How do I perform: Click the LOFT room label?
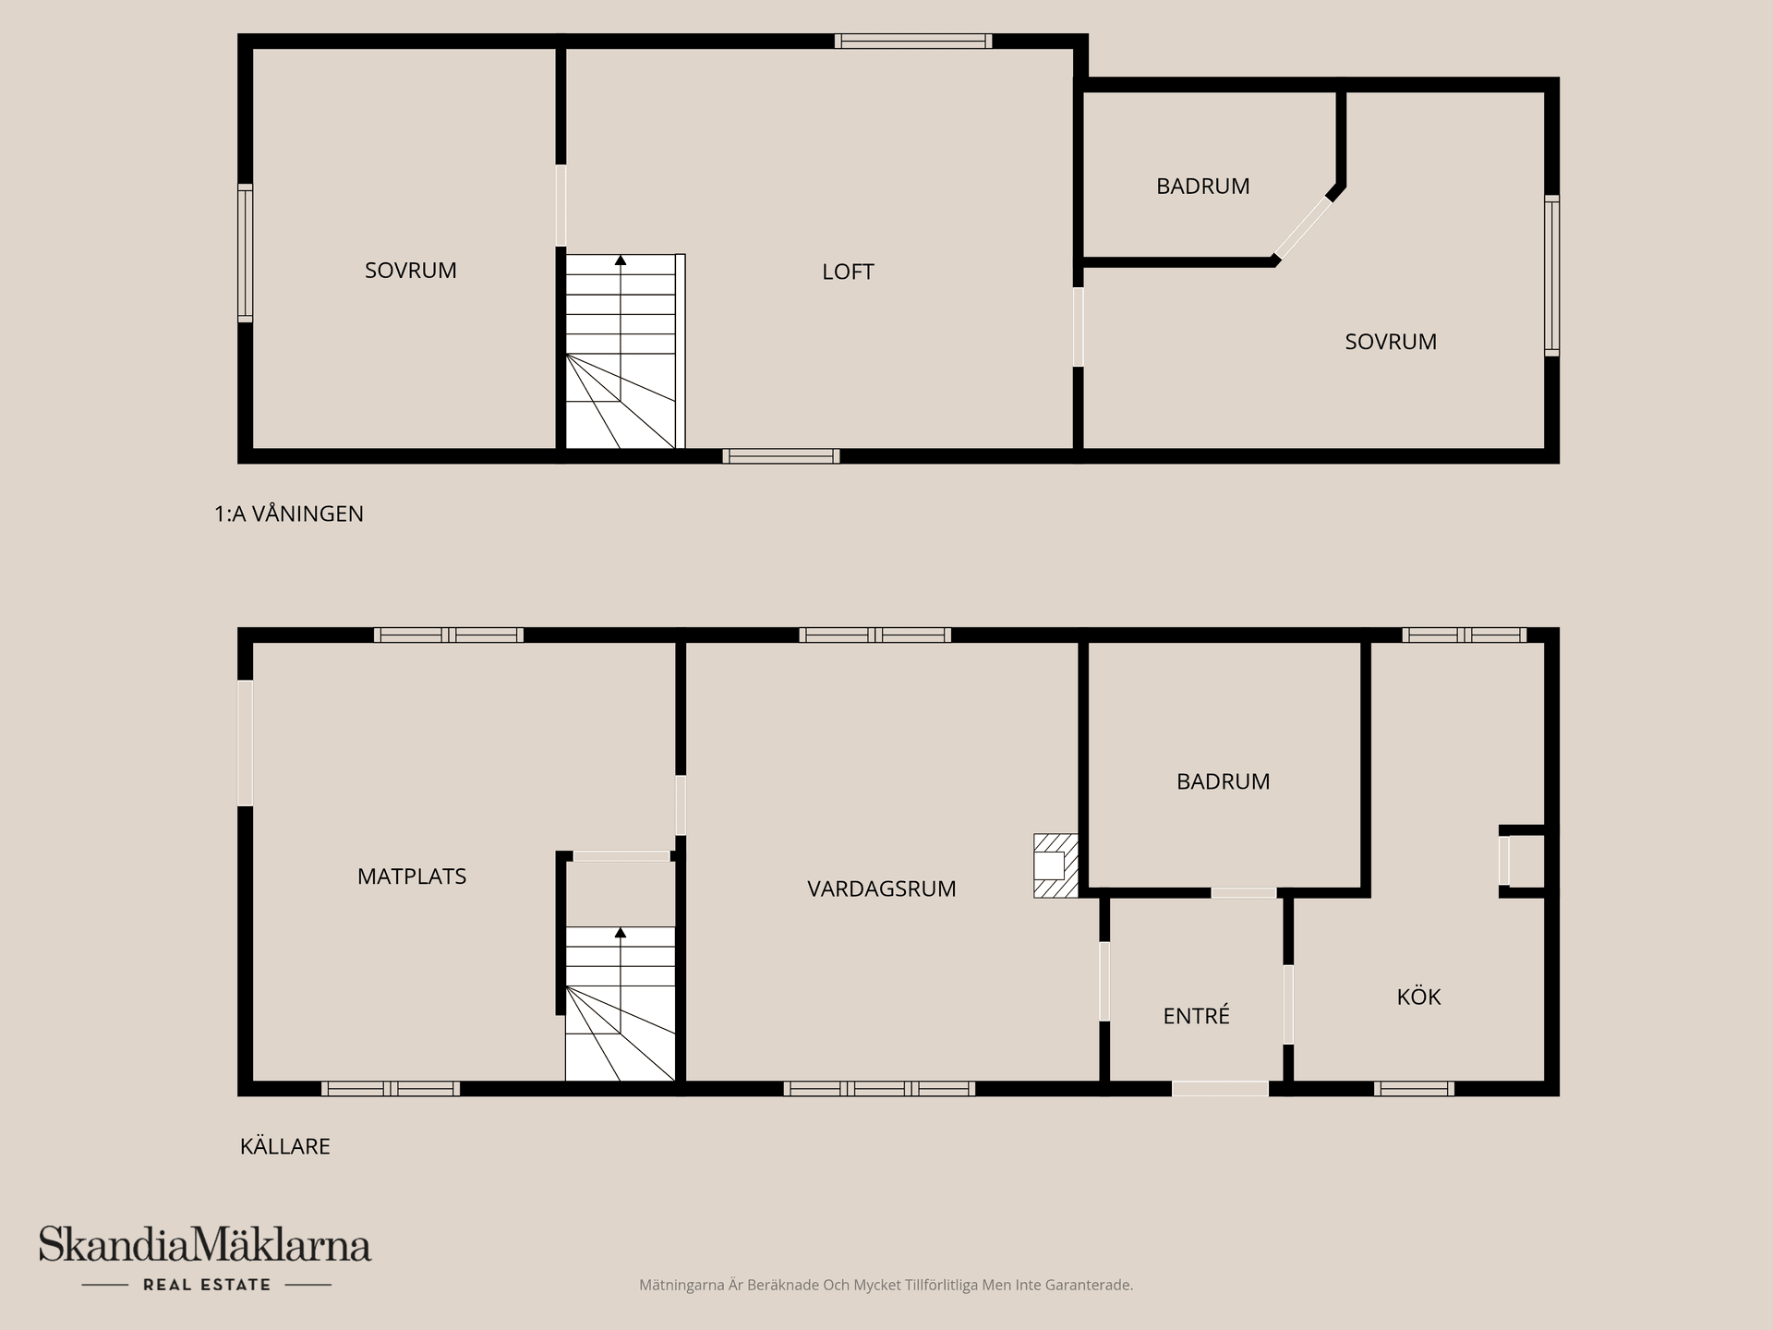click(x=848, y=272)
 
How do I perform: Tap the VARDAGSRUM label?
click(x=881, y=889)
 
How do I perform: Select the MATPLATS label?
click(x=411, y=877)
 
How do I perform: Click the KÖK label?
click(x=1418, y=997)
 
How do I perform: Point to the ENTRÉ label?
click(x=1196, y=1016)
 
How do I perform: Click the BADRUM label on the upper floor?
click(x=1202, y=187)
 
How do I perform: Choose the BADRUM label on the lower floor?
click(x=1223, y=781)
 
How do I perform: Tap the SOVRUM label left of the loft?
click(x=410, y=271)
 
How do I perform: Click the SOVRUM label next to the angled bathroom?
click(x=1390, y=342)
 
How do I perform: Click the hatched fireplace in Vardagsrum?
click(x=1055, y=865)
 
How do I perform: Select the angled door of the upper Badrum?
click(x=1303, y=228)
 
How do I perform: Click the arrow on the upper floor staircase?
click(x=621, y=261)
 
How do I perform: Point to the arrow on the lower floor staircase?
click(x=621, y=934)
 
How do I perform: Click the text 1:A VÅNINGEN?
click(x=289, y=514)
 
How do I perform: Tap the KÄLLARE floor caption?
click(x=284, y=1146)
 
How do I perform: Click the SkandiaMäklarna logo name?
click(x=205, y=1245)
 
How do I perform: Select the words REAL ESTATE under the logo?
click(x=207, y=1285)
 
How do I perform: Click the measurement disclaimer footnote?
click(x=886, y=1285)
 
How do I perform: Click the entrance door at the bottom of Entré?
click(x=1219, y=1089)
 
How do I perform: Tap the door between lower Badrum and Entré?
click(x=1243, y=892)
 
